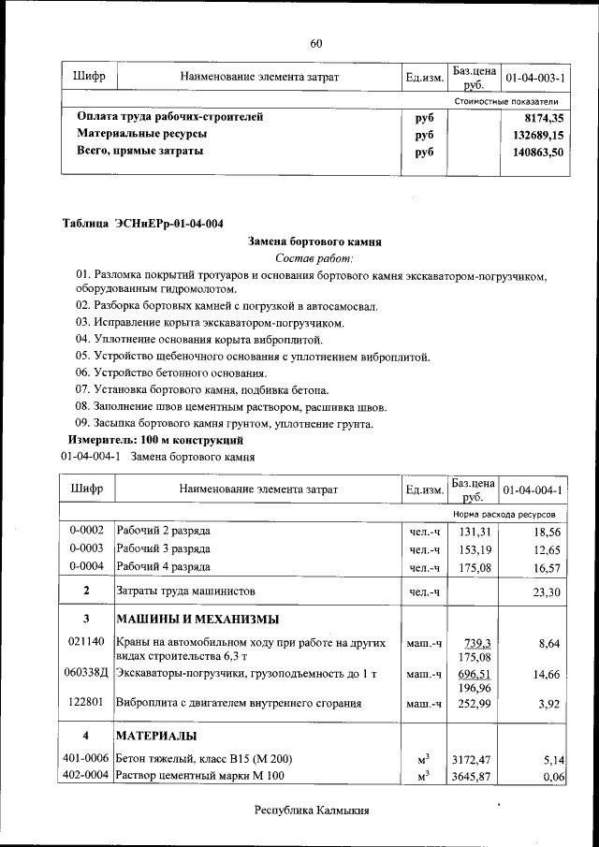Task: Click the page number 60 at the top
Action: pos(315,43)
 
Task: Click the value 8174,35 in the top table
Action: pos(545,118)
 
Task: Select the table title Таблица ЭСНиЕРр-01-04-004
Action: pos(142,223)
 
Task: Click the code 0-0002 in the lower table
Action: pos(86,532)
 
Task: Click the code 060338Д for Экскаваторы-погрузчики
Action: pos(86,673)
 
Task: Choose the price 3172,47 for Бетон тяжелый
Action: pos(472,759)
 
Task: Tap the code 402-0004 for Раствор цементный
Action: pos(86,776)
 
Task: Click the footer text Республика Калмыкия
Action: pos(313,810)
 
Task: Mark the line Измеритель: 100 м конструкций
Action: pos(155,440)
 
